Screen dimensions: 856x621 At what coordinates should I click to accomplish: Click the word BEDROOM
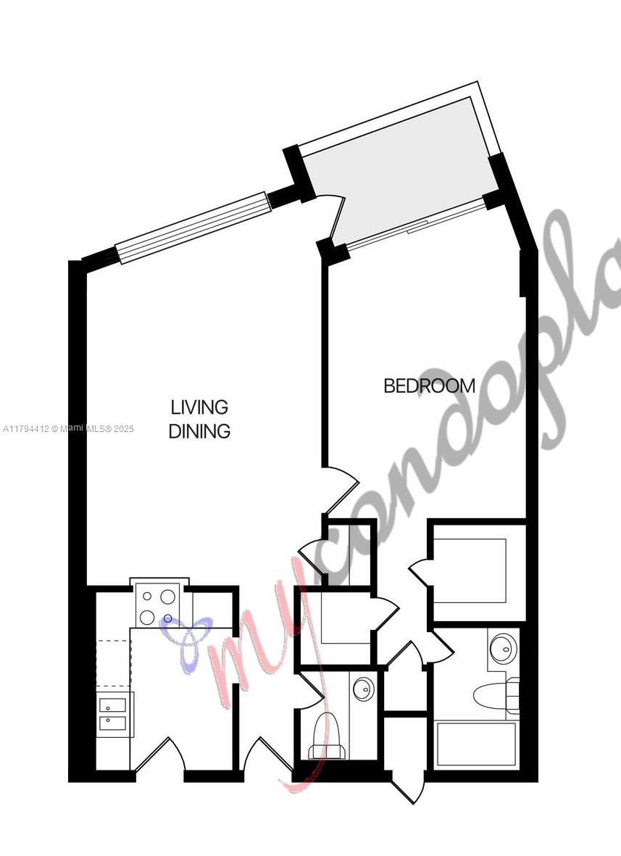[429, 386]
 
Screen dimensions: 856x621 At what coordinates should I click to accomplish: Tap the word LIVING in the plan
[199, 407]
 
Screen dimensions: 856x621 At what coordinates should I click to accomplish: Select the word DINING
[199, 431]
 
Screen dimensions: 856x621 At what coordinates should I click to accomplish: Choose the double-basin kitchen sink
[112, 712]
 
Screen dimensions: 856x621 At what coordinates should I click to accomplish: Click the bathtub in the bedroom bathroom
[475, 744]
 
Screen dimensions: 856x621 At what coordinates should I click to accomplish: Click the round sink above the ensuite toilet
[501, 646]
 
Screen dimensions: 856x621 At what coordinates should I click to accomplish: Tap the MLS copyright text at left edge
[69, 429]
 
